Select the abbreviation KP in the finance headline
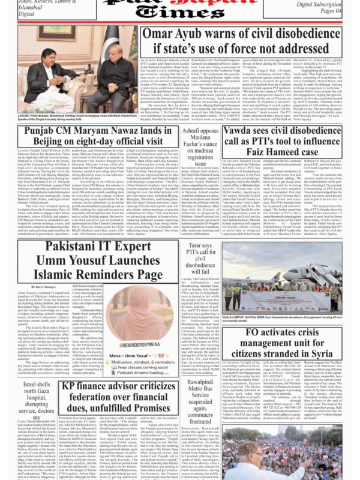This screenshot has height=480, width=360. (70, 385)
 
